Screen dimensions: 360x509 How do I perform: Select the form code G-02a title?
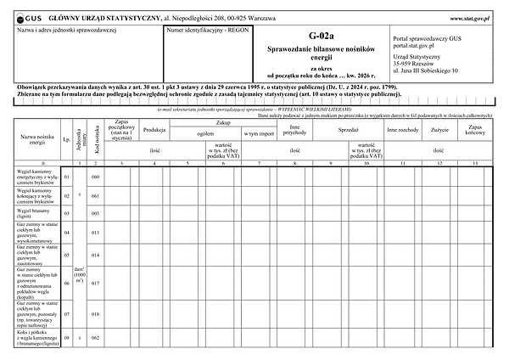pyautogui.click(x=322, y=37)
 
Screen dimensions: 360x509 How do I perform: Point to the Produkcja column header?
pyautogui.click(x=154, y=130)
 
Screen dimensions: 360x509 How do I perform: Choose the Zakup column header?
pyautogui.click(x=223, y=124)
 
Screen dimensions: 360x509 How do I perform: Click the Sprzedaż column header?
pyautogui.click(x=348, y=132)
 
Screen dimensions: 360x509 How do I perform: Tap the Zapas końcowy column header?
pyautogui.click(x=475, y=129)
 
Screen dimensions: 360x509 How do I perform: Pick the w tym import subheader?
pyautogui.click(x=258, y=133)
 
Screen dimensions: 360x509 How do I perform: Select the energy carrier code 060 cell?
pyautogui.click(x=96, y=177)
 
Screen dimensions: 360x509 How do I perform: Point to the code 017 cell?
pyautogui.click(x=96, y=283)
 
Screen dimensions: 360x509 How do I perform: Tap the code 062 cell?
pyautogui.click(x=96, y=338)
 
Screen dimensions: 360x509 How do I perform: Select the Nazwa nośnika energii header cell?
pyautogui.click(x=32, y=139)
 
